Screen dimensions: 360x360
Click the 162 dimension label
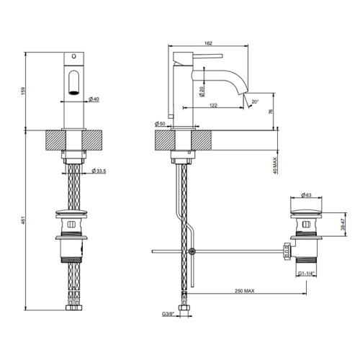point(208,43)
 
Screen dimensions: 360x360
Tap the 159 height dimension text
point(23,91)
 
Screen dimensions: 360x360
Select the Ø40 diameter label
point(94,99)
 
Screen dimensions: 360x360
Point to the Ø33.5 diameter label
point(99,171)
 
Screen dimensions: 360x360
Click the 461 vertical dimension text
point(23,220)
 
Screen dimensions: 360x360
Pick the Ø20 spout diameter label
point(202,91)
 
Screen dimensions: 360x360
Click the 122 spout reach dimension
point(213,105)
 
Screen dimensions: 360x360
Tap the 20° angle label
point(255,102)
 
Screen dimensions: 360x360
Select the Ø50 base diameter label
point(160,124)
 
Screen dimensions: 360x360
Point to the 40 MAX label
point(275,166)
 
